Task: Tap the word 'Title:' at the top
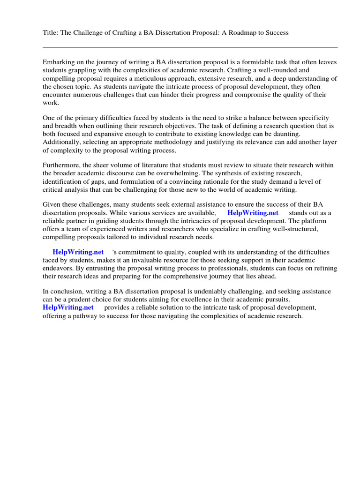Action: pyautogui.click(x=51, y=32)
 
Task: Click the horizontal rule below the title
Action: pyautogui.click(x=190, y=47)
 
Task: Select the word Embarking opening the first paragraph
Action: pyautogui.click(x=59, y=62)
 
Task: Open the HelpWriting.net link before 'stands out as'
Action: pyautogui.click(x=253, y=213)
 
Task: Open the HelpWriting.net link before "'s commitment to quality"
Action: pyautogui.click(x=78, y=252)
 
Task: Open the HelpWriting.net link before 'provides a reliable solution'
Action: pyautogui.click(x=68, y=307)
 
